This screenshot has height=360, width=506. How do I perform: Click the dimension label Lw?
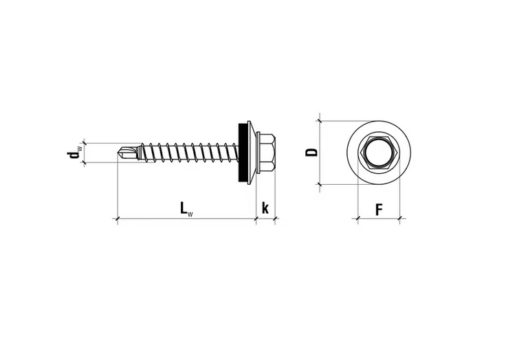click(x=186, y=209)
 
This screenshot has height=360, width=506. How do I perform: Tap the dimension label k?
click(x=265, y=208)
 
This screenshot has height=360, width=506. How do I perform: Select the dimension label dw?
click(x=74, y=153)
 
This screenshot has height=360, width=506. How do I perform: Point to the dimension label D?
click(x=311, y=153)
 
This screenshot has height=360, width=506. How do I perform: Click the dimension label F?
click(x=379, y=210)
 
